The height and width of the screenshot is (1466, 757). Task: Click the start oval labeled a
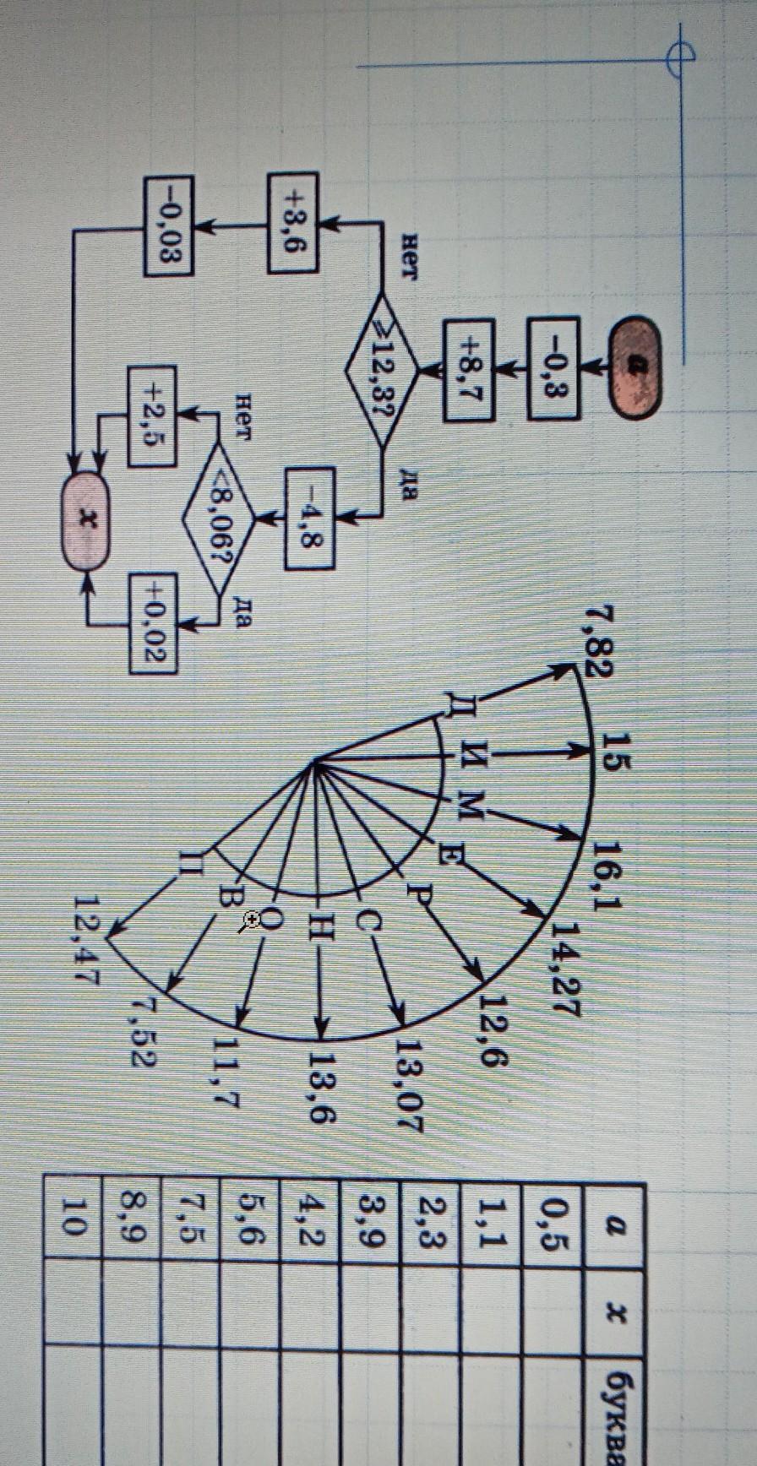633,366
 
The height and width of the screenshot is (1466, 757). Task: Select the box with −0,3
553,368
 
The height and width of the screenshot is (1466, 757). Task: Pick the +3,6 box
293,222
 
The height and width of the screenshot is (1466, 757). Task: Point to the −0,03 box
169,225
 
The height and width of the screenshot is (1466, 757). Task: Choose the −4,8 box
309,518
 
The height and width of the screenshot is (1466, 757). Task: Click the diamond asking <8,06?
219,517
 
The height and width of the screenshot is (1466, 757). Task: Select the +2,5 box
152,415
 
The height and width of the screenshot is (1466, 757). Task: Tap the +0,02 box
153,623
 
